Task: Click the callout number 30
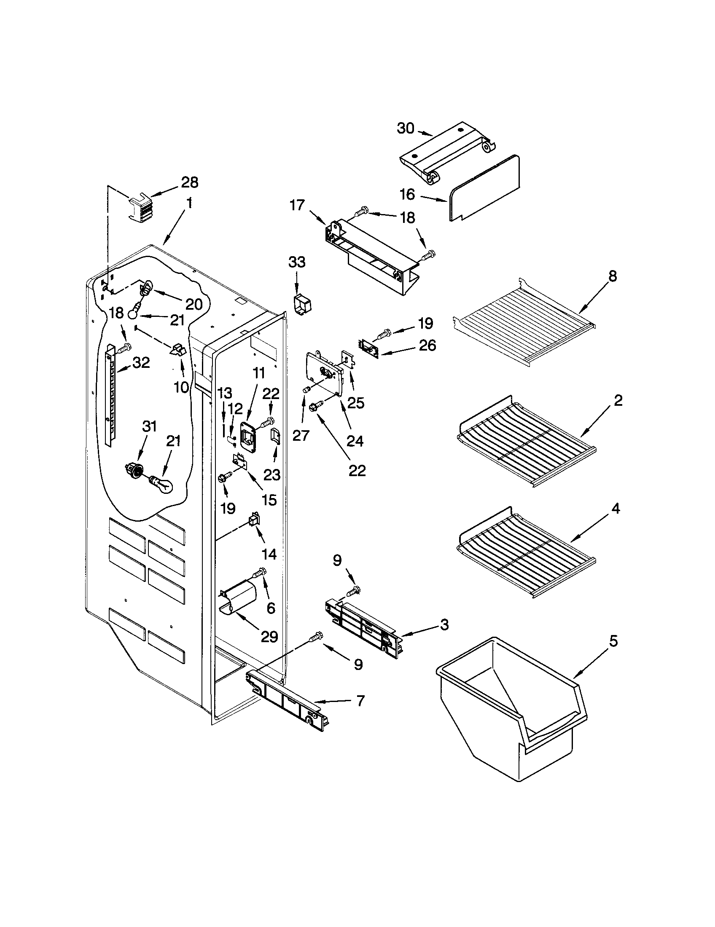(x=405, y=128)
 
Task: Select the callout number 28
(x=189, y=182)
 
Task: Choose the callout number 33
(x=297, y=263)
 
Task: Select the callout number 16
(x=407, y=194)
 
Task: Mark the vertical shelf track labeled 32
(x=110, y=394)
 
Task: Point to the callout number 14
(x=269, y=554)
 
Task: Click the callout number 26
(x=427, y=346)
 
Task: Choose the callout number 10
(x=182, y=387)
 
